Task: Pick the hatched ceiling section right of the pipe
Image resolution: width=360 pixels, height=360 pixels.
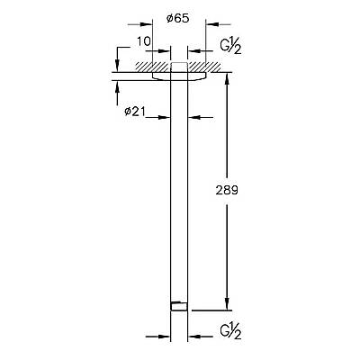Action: [x=209, y=67]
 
